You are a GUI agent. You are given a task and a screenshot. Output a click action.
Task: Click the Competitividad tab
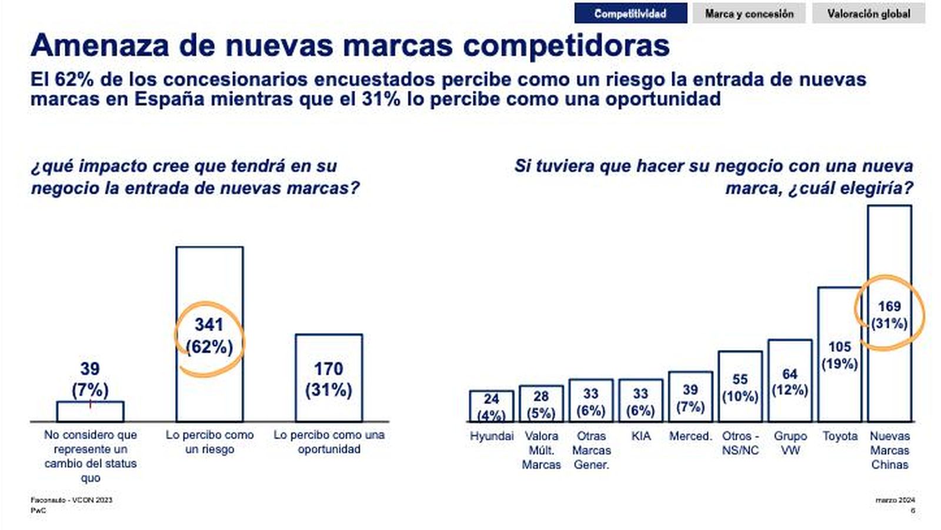click(630, 14)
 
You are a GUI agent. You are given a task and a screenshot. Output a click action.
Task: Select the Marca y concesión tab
click(749, 14)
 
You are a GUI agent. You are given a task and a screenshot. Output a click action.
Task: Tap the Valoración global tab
click(868, 14)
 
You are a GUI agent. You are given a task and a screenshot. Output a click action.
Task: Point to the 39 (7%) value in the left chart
click(90, 379)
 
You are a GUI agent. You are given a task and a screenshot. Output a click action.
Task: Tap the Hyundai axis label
click(492, 436)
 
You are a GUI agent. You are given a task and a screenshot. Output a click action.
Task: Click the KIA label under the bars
click(640, 436)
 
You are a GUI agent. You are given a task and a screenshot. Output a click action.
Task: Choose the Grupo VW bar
click(790, 406)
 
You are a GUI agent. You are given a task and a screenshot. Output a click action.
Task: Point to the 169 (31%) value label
click(889, 315)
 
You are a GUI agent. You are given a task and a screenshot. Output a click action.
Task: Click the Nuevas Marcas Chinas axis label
click(889, 450)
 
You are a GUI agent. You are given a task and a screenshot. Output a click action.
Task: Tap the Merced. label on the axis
click(690, 436)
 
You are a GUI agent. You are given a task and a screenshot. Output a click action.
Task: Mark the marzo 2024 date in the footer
click(895, 500)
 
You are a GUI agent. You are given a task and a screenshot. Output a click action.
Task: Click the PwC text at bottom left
click(38, 511)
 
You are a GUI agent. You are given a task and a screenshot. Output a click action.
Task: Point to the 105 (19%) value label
click(839, 355)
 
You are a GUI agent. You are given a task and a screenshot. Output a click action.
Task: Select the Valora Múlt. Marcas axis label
click(541, 450)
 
